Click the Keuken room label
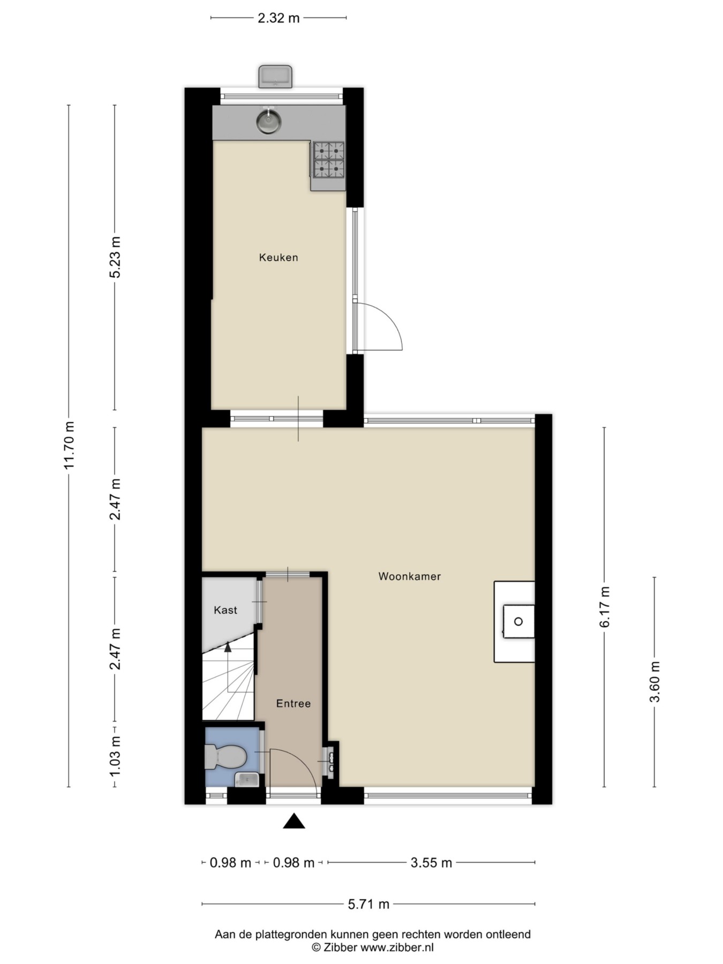[x=278, y=258]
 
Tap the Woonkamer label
[x=410, y=577]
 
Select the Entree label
[x=293, y=704]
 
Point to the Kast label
[x=225, y=610]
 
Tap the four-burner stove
[x=329, y=160]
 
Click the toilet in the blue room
[x=225, y=758]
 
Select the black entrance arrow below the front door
[x=293, y=821]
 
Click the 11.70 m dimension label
[x=69, y=446]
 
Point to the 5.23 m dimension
[x=115, y=257]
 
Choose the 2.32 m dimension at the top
[x=278, y=18]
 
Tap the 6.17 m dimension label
[x=605, y=607]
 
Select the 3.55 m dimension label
[x=431, y=863]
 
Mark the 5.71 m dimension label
[x=368, y=905]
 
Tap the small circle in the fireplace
[x=518, y=622]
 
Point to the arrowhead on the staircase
[x=228, y=647]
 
